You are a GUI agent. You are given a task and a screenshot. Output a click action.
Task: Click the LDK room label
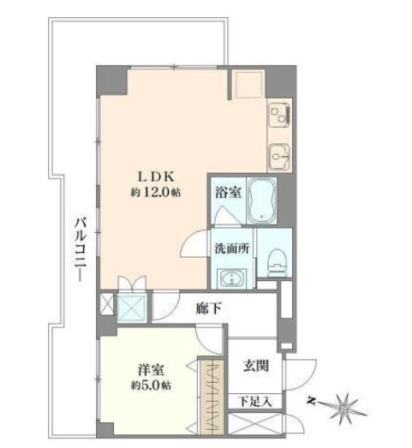coord(154,177)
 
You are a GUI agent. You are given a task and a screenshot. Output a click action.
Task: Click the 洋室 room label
coord(152,370)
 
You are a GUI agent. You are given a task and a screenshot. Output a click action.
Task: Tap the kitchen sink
coord(280,156)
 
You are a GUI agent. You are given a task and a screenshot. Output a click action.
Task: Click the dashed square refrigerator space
coord(248,85)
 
